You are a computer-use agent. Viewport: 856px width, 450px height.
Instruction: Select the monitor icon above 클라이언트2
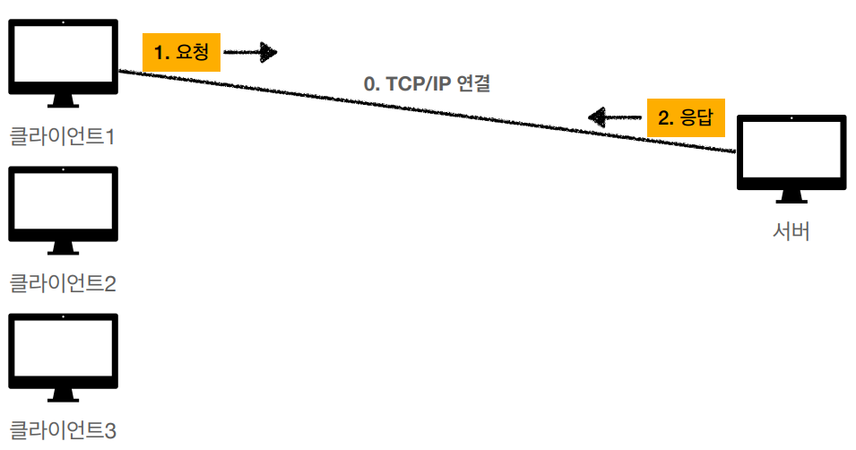point(63,203)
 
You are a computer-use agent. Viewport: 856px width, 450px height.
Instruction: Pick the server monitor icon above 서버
point(791,153)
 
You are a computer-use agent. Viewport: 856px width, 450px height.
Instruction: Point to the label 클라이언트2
point(63,284)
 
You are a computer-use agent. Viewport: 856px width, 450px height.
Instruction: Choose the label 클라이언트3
point(63,430)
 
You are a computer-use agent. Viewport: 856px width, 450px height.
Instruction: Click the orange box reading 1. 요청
point(181,53)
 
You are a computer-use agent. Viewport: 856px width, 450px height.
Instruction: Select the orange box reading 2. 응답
point(685,117)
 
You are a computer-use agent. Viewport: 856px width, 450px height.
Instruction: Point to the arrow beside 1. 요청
point(250,53)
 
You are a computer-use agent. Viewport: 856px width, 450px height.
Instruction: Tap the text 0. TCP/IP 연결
point(427,85)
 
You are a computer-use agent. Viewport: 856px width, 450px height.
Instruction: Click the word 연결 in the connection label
point(473,85)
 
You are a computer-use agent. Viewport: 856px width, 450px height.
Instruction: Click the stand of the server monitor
point(791,196)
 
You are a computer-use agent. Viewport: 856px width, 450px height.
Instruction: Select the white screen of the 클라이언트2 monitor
point(63,199)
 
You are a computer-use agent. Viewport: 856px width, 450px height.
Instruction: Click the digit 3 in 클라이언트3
point(110,430)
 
